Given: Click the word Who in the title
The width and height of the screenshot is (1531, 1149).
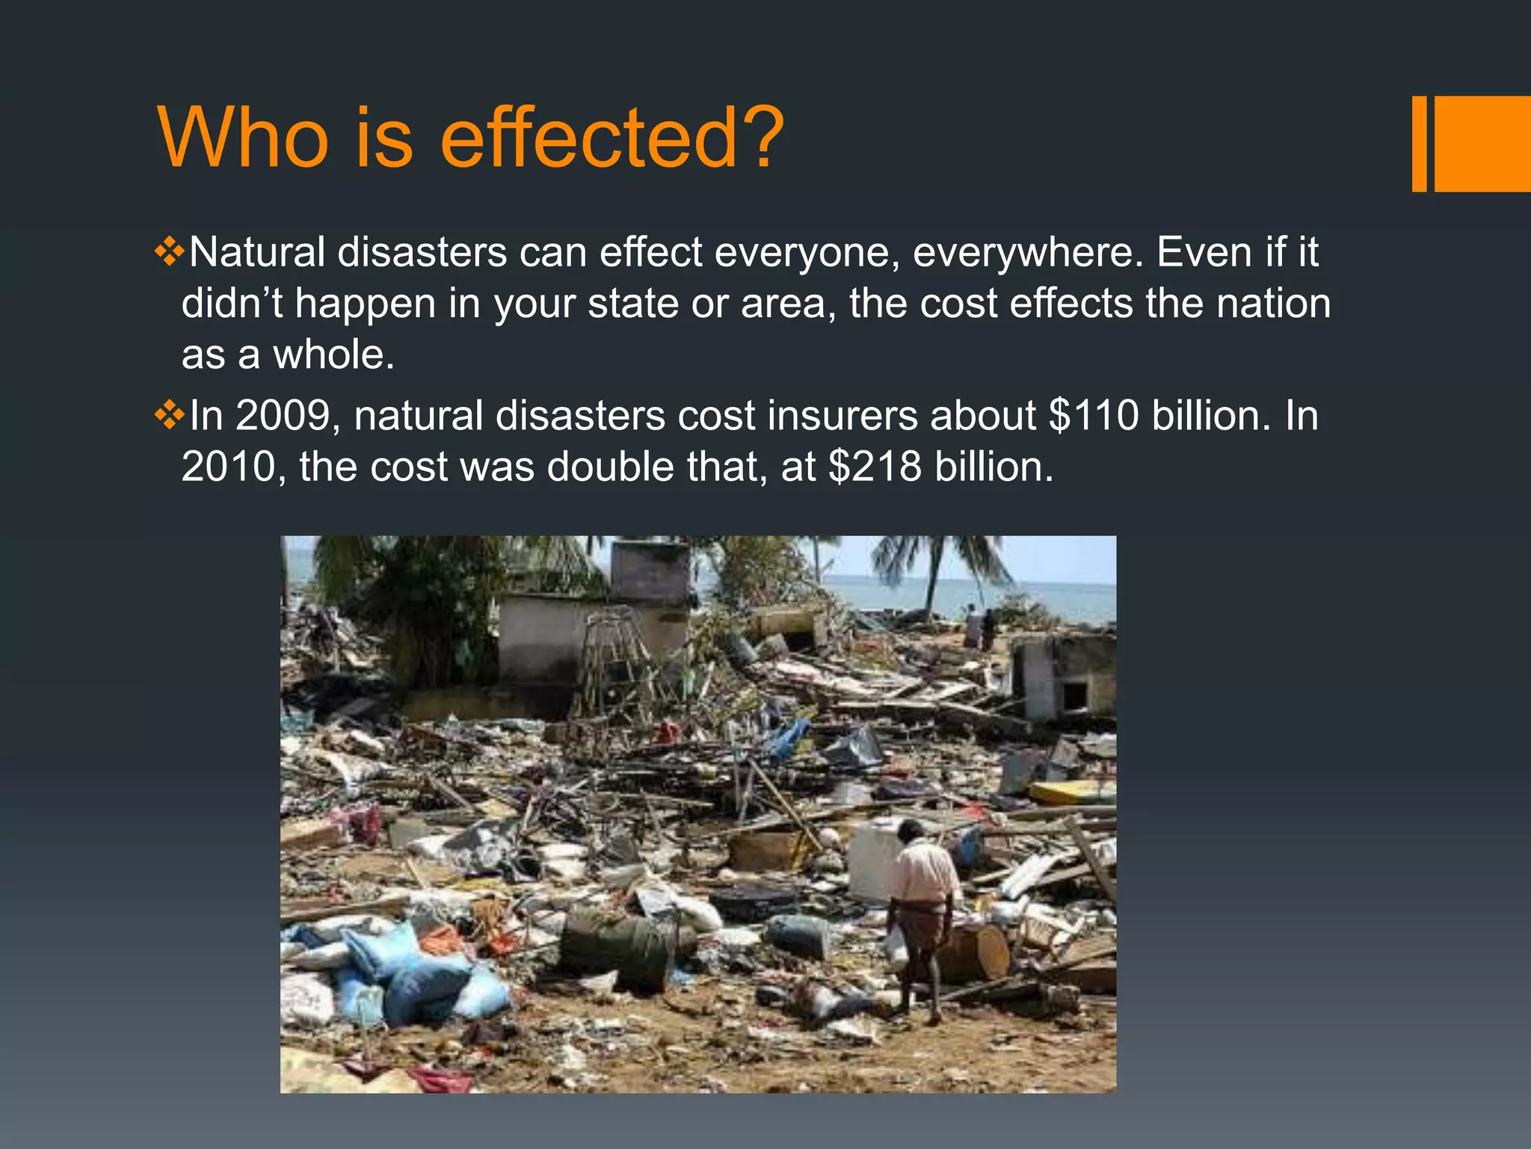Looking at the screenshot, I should (x=243, y=138).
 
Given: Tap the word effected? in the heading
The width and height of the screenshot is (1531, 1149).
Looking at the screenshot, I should (x=612, y=138).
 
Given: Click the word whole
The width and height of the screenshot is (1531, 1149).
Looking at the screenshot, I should (x=333, y=355).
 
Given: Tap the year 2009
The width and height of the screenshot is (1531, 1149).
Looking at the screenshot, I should (x=283, y=416).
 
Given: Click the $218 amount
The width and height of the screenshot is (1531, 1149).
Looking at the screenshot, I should (x=875, y=468).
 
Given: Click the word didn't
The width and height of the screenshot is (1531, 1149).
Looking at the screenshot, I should (x=232, y=304).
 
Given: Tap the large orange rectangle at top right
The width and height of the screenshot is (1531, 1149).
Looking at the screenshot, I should (x=1482, y=144).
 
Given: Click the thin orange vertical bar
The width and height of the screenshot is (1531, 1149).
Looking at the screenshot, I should (x=1419, y=144).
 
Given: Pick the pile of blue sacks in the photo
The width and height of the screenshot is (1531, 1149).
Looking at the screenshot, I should (x=404, y=972).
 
